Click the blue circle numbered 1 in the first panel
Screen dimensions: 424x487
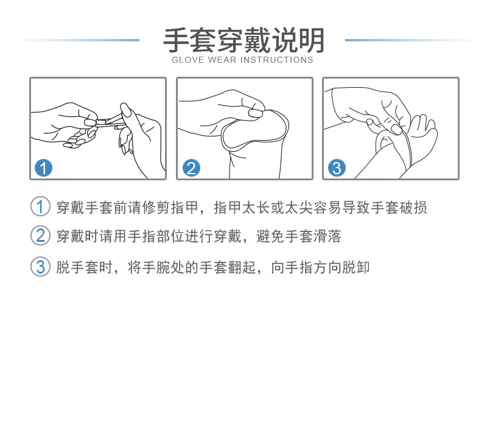coord(44,168)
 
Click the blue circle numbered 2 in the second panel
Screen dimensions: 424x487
coord(191,168)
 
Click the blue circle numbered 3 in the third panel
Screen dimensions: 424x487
coord(337,168)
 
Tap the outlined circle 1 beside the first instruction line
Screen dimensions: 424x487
coord(40,207)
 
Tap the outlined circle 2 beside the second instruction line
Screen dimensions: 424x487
coord(40,236)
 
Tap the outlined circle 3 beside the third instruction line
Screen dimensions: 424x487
coord(40,266)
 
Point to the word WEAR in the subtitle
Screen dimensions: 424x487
coord(223,60)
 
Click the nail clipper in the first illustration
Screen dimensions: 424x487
coord(107,122)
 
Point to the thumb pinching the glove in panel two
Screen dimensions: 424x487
coord(256,113)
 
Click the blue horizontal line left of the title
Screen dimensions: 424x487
coord(79,40)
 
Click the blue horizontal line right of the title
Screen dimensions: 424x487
coord(408,40)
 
